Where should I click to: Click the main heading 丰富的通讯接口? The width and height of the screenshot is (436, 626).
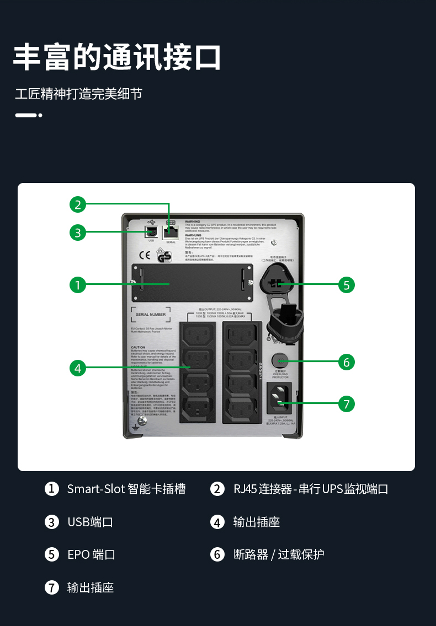pos(117,57)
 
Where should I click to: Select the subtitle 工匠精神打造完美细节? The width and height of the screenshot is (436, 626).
pos(78,94)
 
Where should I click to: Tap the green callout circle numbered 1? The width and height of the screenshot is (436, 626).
pos(78,285)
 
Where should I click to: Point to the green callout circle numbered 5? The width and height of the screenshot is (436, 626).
pos(347,285)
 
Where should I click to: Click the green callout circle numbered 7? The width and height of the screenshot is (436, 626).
pos(347,404)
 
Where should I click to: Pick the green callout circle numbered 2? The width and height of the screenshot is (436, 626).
pos(78,204)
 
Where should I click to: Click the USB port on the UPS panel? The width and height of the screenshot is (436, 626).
pos(151,231)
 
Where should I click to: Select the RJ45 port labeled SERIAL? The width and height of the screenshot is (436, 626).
pos(171,231)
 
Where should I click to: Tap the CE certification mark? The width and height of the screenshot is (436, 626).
pos(145,255)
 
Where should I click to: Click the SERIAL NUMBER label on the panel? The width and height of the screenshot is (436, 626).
pos(150,315)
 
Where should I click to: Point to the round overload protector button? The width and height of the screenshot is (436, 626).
pos(280,361)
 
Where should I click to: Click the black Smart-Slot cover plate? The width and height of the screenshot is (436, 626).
pos(192,282)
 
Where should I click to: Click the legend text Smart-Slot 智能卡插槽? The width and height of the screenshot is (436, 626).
pos(126,489)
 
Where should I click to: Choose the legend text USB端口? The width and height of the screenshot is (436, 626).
pos(90,522)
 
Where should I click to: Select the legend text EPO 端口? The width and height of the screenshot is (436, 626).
pos(91,554)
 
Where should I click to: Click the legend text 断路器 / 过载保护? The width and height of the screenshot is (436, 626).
pos(279,554)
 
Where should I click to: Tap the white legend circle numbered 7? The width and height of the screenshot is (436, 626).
pos(52,587)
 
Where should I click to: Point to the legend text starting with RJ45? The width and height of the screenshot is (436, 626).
pos(311,489)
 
